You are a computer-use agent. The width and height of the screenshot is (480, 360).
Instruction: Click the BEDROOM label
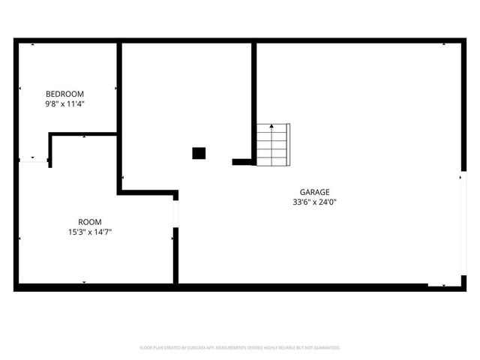click(64, 94)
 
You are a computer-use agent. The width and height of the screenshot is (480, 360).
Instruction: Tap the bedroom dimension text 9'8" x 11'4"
click(64, 104)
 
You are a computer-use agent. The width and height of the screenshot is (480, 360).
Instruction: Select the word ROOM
click(90, 222)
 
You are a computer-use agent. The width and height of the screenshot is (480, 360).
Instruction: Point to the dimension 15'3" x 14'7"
click(90, 232)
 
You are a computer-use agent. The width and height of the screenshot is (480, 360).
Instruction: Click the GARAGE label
click(315, 192)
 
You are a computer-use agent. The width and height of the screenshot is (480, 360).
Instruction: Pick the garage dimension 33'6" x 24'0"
click(315, 202)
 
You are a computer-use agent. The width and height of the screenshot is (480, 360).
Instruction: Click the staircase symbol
click(272, 145)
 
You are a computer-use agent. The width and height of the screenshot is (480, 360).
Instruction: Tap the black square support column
click(199, 153)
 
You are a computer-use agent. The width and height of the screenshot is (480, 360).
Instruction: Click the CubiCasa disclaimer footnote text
click(240, 348)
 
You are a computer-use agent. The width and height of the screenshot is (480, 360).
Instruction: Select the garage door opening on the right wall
click(463, 228)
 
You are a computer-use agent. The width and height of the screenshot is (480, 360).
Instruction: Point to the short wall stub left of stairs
click(242, 161)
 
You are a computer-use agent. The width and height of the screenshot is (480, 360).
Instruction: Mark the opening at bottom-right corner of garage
click(442, 286)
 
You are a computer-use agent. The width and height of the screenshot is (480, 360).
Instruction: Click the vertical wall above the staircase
click(254, 97)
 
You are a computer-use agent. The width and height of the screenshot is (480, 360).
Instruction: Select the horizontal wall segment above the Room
click(82, 134)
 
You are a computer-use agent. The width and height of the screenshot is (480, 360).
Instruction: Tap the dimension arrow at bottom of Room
click(84, 282)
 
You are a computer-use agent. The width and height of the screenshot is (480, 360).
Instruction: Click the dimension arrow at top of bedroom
click(32, 44)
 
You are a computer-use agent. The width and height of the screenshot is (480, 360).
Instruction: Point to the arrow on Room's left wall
click(19, 238)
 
